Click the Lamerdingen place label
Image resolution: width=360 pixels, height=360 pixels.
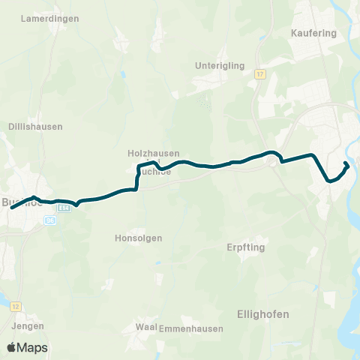tap(51, 18)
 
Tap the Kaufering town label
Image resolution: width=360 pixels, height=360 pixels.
tap(312, 33)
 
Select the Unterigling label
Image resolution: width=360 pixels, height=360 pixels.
tap(220, 65)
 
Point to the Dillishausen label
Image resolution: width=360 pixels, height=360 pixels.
tap(35, 127)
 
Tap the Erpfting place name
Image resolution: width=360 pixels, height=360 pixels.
tap(246, 247)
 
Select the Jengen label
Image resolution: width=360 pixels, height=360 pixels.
tap(28, 326)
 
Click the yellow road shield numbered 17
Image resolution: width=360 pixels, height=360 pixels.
tap(259, 74)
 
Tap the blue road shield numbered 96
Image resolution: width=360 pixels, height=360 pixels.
tap(50, 220)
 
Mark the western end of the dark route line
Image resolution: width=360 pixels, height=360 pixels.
tap(12, 207)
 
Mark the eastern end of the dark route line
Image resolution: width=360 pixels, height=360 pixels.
tap(345, 163)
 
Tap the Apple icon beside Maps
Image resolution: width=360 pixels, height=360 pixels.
tap(11, 347)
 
